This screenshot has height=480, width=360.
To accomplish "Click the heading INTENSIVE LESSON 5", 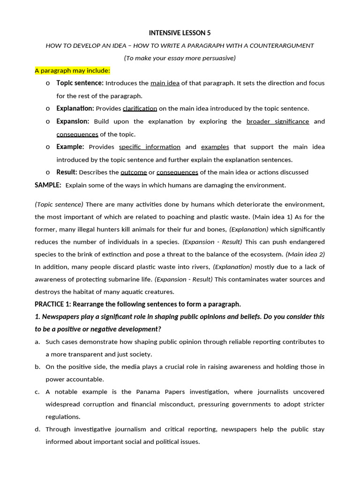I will tap(180, 33).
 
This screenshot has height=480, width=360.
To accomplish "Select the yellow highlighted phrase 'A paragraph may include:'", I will tap(73, 71).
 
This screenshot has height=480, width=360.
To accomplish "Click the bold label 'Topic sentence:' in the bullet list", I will tap(80, 83).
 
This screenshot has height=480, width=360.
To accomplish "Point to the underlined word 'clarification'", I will tap(140, 109).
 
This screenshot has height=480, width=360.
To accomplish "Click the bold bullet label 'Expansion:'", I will tap(73, 121).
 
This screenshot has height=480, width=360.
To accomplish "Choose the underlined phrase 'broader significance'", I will tap(277, 121).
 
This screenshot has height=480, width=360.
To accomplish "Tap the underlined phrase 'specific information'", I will tap(150, 147).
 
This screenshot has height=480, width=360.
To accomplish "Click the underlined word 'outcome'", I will tap(134, 172).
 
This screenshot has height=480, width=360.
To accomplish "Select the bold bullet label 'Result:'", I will tap(67, 172).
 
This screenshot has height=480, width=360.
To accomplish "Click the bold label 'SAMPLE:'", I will tap(48, 185).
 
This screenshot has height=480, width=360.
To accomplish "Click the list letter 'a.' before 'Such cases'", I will tap(37, 342).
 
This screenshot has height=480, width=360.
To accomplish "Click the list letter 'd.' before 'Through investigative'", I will tap(37, 429).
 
